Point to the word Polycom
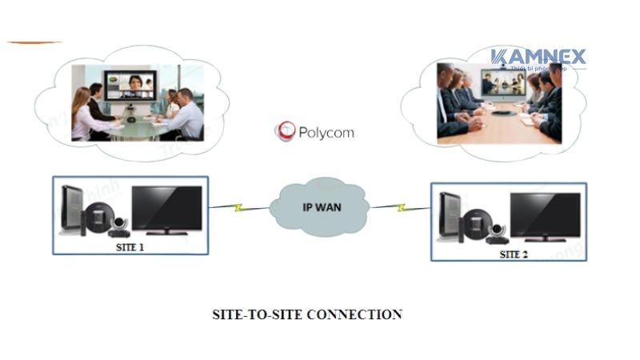[326, 133]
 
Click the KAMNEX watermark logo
[538, 58]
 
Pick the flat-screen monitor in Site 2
[546, 215]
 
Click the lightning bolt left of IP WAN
[237, 209]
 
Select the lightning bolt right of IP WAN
[402, 207]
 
